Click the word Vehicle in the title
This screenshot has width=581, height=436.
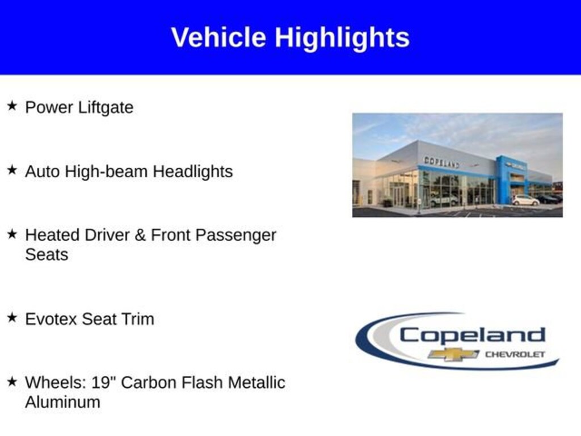(218, 37)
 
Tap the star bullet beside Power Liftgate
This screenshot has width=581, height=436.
(12, 106)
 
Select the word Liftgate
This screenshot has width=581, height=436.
(106, 108)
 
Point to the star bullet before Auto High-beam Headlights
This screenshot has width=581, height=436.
(12, 170)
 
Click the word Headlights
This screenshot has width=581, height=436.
(193, 171)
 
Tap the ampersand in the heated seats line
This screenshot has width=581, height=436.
(140, 236)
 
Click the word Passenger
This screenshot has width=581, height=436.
(235, 236)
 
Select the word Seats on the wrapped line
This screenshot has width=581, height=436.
(47, 255)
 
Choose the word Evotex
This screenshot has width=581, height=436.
(51, 319)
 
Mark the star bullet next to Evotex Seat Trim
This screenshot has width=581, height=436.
(12, 317)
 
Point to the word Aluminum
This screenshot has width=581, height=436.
(62, 403)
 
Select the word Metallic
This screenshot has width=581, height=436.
(256, 383)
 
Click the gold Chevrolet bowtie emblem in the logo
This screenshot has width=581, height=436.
(453, 354)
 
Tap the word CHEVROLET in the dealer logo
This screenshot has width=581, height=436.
(515, 354)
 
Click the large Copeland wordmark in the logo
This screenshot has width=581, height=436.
(473, 337)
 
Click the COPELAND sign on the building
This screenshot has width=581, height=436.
(441, 162)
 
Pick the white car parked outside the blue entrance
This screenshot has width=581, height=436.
(525, 200)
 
